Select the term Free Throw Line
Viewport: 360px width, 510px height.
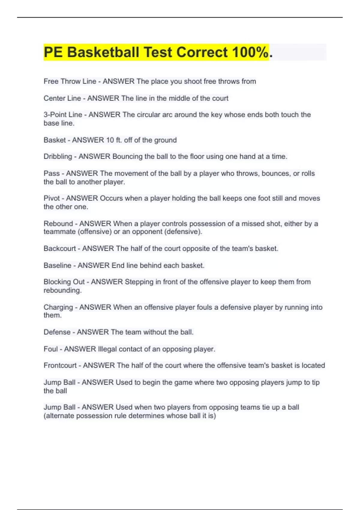click(x=70, y=81)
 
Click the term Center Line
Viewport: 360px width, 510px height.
click(x=62, y=98)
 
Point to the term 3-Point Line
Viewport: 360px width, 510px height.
click(x=63, y=115)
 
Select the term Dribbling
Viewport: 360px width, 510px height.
click(x=58, y=157)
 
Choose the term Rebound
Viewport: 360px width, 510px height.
click(x=58, y=223)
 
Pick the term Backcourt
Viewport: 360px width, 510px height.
click(x=60, y=248)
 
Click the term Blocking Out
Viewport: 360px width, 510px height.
click(x=64, y=282)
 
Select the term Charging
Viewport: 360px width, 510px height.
click(x=58, y=307)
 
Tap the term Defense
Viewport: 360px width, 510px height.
click(x=57, y=332)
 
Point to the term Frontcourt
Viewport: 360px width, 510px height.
click(x=60, y=365)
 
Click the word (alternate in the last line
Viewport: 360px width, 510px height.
click(x=59, y=416)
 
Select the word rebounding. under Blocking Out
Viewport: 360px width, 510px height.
click(x=63, y=290)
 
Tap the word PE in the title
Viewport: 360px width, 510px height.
click(x=53, y=52)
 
